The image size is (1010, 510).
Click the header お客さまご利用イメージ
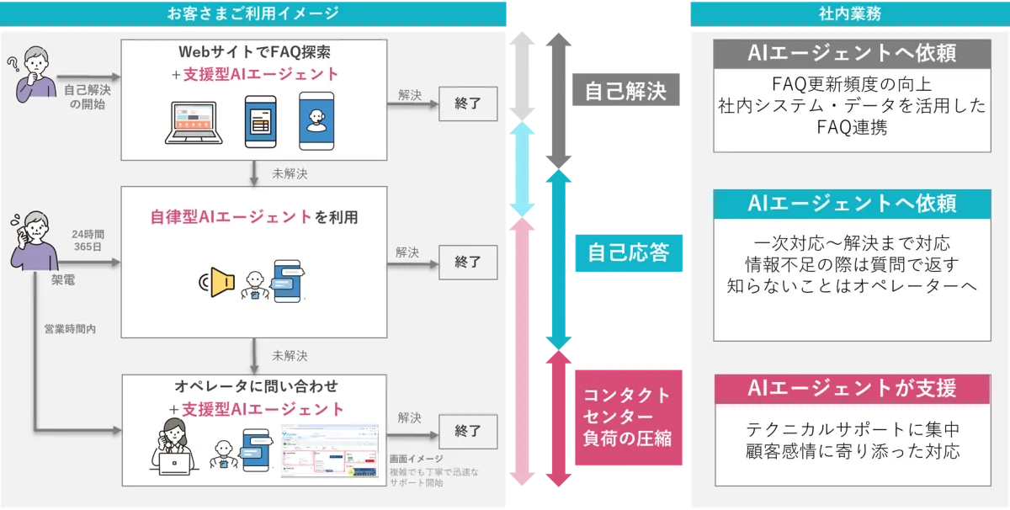click(253, 13)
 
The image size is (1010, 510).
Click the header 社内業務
click(849, 13)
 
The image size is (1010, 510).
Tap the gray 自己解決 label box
click(625, 90)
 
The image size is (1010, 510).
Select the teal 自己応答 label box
click(625, 252)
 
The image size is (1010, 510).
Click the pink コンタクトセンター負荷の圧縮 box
click(627, 416)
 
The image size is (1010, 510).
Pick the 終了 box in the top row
click(468, 104)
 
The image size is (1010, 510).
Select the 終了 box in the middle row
click(468, 262)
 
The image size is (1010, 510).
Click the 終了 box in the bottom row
click(468, 431)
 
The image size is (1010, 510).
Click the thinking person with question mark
click(34, 76)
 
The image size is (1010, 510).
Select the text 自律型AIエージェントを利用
click(253, 216)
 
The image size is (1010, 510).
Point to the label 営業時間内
click(70, 329)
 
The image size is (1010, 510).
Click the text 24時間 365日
click(87, 238)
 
